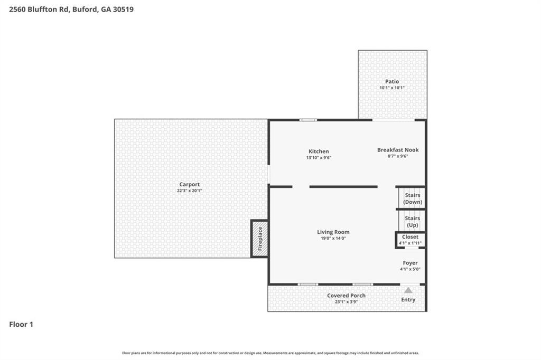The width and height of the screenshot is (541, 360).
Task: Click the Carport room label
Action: click(189, 184)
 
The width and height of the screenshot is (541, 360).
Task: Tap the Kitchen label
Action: click(319, 151)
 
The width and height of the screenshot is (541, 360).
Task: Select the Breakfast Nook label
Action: click(397, 150)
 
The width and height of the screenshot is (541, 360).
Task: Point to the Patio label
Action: click(391, 81)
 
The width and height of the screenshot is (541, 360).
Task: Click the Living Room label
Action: click(333, 232)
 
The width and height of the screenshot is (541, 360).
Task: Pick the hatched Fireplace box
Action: click(259, 239)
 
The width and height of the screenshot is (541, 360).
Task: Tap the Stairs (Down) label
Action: click(412, 198)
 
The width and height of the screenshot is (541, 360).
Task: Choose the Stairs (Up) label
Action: click(412, 221)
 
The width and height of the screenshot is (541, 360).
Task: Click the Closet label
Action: click(410, 237)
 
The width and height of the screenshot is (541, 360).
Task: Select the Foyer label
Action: click(410, 263)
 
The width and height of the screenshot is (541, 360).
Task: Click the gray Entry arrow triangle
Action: click(408, 290)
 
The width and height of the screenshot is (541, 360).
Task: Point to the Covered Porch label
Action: click(346, 296)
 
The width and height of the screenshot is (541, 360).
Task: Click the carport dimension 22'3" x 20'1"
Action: click(189, 191)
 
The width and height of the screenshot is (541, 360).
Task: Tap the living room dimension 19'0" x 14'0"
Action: click(333, 238)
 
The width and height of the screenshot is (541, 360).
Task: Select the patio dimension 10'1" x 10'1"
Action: click(391, 88)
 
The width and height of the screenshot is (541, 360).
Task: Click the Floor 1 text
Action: click(21, 325)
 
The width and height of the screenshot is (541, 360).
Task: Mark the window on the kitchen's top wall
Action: click(308, 120)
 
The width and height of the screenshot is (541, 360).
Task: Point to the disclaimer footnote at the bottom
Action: click(270, 353)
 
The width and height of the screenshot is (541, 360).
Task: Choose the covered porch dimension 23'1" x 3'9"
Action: click(346, 302)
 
